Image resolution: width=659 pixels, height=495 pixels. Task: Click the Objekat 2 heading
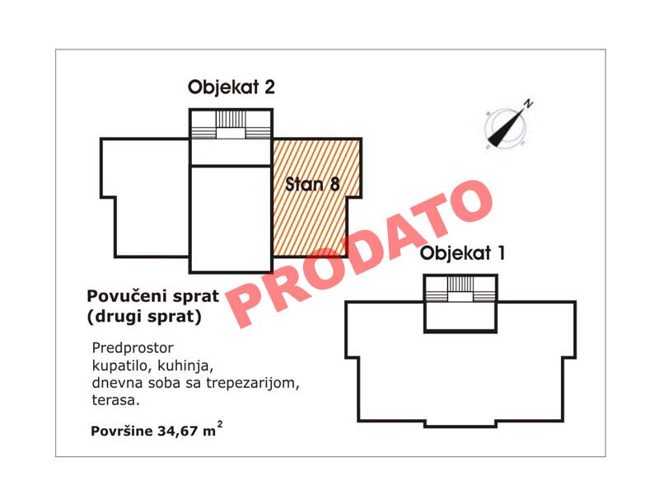coord(231,88)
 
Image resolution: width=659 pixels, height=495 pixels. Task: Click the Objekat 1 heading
coord(462,253)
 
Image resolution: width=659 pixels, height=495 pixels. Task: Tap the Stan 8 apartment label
coord(312,184)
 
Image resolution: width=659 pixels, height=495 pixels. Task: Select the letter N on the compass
coord(528,103)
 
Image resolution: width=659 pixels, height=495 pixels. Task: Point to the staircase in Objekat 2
coord(231,125)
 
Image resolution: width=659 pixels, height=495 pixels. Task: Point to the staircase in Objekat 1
coord(460,290)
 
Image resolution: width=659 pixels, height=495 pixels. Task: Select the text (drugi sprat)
coord(144,317)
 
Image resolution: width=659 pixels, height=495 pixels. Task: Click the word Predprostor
coord(133,348)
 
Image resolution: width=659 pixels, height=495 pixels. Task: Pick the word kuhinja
coord(185,365)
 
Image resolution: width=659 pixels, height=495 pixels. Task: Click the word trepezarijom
coord(253,383)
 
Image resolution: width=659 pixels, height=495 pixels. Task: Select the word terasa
coord(115,400)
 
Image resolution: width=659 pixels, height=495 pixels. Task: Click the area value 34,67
coord(177,431)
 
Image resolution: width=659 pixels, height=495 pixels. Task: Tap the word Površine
coord(122,431)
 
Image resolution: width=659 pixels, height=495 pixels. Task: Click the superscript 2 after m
coord(220,424)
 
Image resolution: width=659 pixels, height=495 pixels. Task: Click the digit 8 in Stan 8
coord(335,184)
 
